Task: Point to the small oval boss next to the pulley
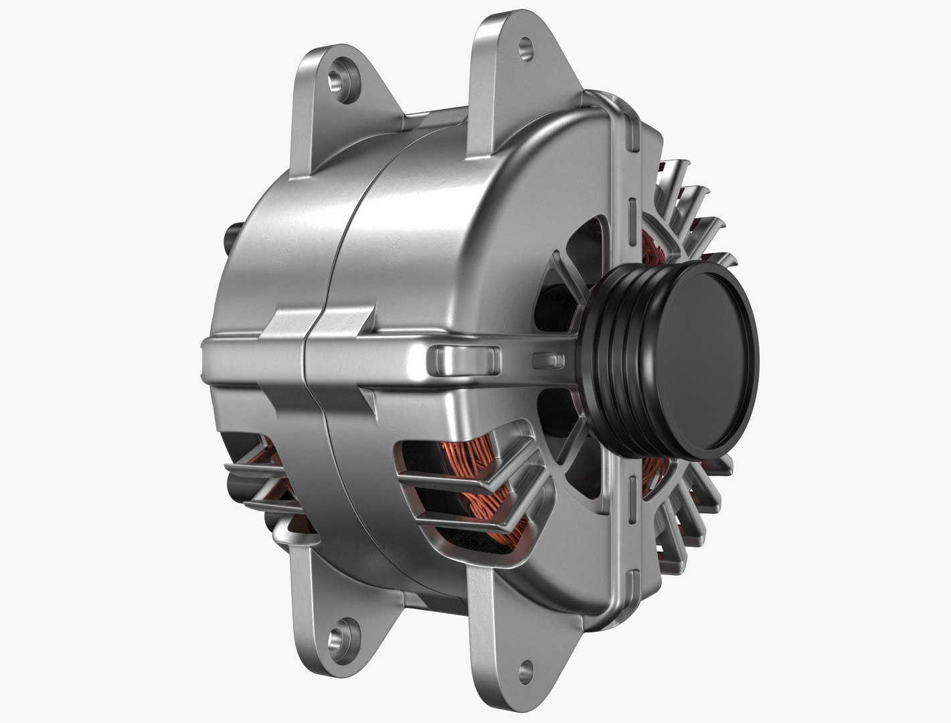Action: (x=545, y=360)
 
